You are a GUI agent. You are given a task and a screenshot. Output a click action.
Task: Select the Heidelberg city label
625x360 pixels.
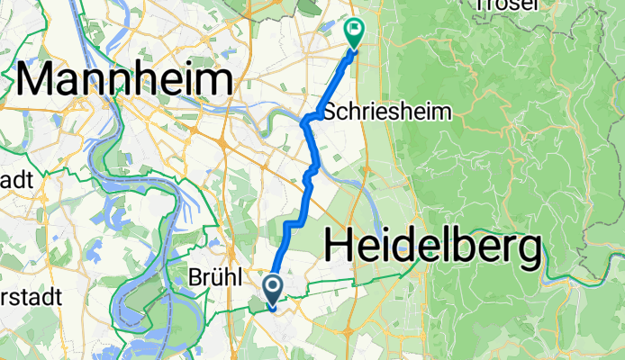pos(432,245)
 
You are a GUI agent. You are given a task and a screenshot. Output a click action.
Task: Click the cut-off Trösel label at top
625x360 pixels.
pos(505,4)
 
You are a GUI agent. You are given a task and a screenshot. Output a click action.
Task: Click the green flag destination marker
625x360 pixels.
pos(354,32)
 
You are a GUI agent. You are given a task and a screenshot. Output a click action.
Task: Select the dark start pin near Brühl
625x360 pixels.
pos(272,289)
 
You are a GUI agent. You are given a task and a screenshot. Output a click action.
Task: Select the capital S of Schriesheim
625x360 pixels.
pos(328,112)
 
